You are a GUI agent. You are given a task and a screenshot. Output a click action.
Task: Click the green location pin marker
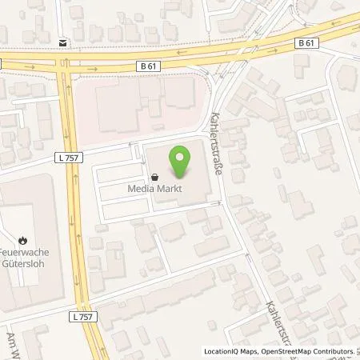pyautogui.click(x=180, y=161)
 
